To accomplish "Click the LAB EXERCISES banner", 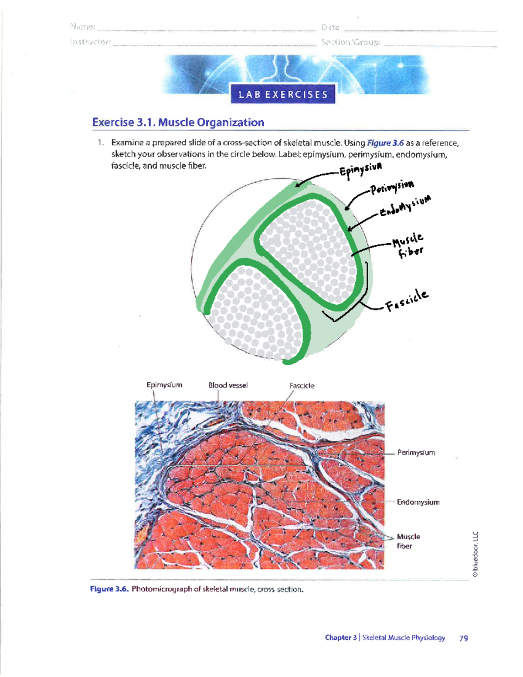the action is coord(283,95).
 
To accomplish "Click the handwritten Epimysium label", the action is coord(361,170).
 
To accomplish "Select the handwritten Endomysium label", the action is coord(405,206).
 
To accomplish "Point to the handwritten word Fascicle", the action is coord(407,300).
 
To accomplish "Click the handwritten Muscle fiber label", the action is coord(408,245).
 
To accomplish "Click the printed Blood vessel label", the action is coord(228,385).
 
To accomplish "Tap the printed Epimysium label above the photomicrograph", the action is coord(164,385).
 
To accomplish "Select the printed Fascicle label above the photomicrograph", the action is coord(302,386).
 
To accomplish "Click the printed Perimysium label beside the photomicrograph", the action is coord(416,452).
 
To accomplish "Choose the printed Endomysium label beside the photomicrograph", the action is coord(418,502).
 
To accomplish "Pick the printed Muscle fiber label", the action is coord(408,541).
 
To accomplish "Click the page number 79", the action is coord(463,638).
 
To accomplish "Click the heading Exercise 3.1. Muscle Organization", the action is coord(178,122).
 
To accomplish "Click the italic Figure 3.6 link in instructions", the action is coord(385,143).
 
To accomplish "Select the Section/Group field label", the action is coord(351,42).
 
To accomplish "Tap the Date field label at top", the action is coord(331,27).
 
